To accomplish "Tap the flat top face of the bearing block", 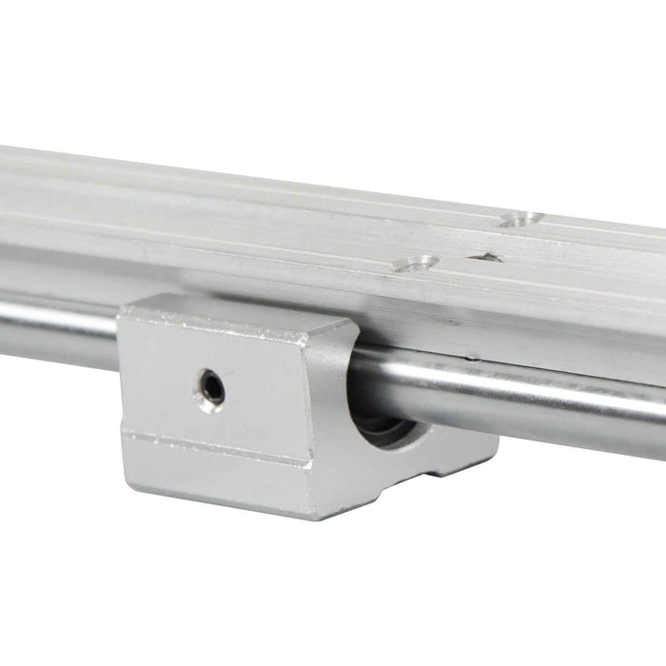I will tap(238, 310).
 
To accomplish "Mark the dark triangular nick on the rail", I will tap(487, 257).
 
